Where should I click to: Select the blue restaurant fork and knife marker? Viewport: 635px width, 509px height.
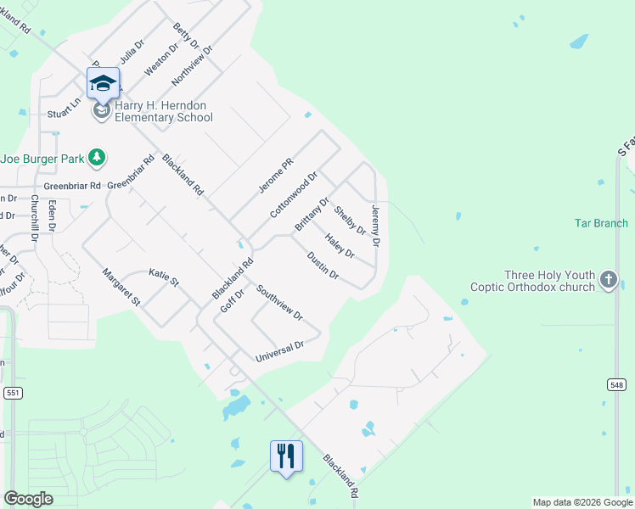286,456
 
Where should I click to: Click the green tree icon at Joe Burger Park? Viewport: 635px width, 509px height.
98,157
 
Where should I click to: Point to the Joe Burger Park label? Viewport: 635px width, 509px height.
42,158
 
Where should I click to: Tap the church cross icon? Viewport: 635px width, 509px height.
608,280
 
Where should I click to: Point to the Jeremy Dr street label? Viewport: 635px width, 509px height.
376,225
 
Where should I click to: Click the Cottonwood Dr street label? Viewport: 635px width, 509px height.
294,195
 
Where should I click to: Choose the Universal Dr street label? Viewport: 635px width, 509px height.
279,352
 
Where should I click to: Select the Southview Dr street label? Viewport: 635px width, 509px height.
279,303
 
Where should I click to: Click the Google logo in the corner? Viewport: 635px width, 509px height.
28,499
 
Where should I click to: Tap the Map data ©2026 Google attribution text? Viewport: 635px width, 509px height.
582,502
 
